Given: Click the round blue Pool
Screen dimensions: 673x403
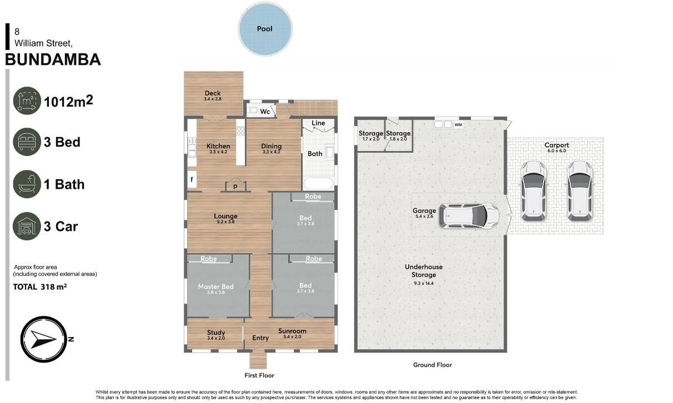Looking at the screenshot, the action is click(265, 29).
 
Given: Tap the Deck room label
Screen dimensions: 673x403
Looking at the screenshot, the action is click(213, 93).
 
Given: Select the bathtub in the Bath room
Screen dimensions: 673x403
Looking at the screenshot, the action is click(318, 184).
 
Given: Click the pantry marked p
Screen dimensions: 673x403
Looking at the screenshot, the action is click(235, 185).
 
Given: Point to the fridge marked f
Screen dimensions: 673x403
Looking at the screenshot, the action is click(192, 179).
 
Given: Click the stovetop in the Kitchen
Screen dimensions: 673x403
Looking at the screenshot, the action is click(240, 131).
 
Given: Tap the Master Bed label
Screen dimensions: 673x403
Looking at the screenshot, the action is click(215, 286).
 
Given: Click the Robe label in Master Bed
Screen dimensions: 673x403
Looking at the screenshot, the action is click(209, 259).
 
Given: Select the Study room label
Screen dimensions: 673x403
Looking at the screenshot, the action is click(216, 333).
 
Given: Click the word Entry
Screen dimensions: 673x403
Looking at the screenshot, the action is click(260, 338).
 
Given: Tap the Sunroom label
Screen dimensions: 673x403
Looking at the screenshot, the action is click(292, 331).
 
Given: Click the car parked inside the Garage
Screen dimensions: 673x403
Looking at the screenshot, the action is click(469, 215).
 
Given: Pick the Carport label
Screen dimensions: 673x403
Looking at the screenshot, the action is click(557, 145).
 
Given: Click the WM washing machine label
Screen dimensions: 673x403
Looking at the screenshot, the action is click(458, 124).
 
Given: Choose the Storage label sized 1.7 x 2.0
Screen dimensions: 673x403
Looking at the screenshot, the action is click(371, 133).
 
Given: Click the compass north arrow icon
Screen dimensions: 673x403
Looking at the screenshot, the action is click(44, 339).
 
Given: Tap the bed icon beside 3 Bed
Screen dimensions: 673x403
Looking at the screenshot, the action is click(27, 142).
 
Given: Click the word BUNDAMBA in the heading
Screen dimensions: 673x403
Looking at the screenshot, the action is click(53, 59).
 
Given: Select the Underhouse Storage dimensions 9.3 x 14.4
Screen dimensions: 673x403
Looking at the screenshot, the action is click(424, 283).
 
